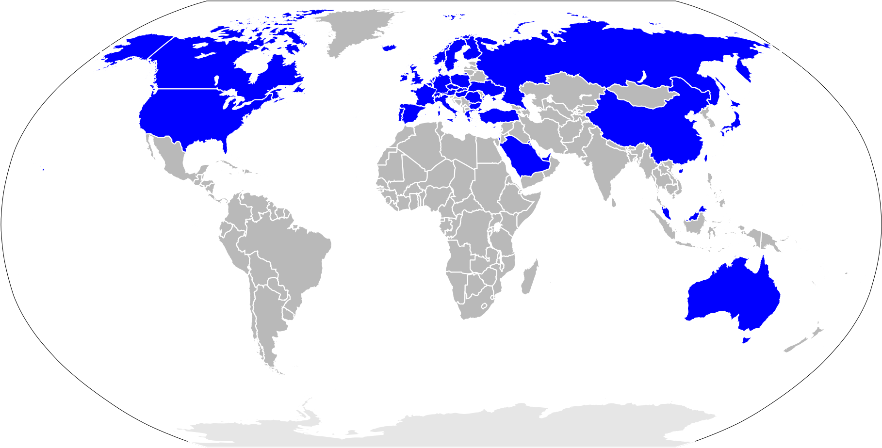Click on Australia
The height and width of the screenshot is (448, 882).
733,296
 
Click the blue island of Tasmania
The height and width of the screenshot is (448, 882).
746,339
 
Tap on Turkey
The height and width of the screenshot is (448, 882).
497,115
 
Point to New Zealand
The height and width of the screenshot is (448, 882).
805,339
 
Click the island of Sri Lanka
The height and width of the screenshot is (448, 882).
614,203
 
